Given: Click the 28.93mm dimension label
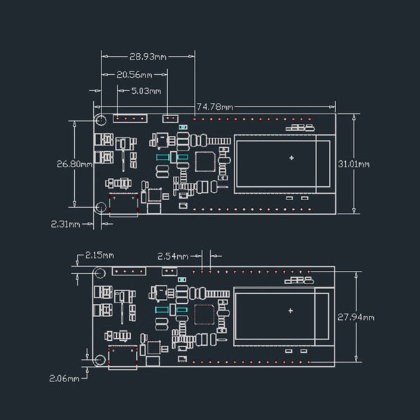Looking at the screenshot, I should (148, 56).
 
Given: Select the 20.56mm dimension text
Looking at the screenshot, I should (134, 74).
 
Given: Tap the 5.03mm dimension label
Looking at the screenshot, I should (146, 91).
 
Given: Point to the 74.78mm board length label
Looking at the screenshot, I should (214, 107).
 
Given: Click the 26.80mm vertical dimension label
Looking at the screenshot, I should (74, 164).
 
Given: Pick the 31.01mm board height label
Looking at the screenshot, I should (354, 164).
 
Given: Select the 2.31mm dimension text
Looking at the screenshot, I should (65, 224).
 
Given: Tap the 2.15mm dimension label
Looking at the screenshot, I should (99, 256).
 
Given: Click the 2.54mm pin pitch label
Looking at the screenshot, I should (172, 256).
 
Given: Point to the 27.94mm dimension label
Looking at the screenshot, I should (356, 317).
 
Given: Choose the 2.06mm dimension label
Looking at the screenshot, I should (63, 378).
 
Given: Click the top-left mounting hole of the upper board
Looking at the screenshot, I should (101, 120).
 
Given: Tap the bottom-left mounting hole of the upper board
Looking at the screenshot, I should (101, 206).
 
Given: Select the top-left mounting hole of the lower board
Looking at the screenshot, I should (100, 273).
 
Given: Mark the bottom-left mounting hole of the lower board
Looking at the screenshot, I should (100, 360).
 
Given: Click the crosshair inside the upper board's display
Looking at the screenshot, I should (291, 158).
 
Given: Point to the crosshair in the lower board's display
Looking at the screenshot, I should (291, 310).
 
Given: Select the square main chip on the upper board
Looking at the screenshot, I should (204, 162).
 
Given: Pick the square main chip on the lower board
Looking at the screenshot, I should (204, 314).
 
